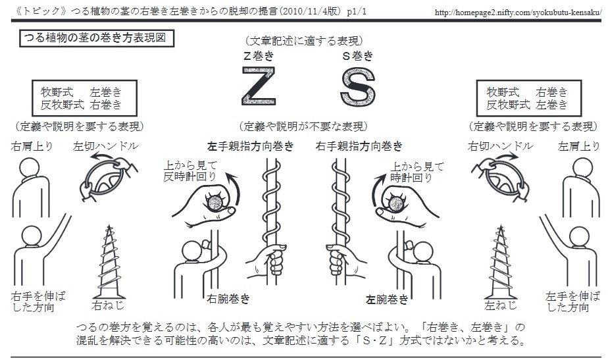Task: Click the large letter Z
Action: click(x=259, y=86)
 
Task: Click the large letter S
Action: click(x=358, y=87)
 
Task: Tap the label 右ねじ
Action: click(x=108, y=305)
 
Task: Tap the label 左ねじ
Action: click(x=501, y=305)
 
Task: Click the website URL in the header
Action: click(x=518, y=13)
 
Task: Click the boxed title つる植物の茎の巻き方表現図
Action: click(x=97, y=38)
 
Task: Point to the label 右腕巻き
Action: click(x=228, y=299)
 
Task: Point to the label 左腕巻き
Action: click(x=387, y=299)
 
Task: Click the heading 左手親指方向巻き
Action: click(x=251, y=146)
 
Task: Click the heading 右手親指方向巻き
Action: click(x=359, y=146)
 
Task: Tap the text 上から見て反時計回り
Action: click(x=190, y=171)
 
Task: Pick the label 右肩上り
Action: click(x=32, y=146)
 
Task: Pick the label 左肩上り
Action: click(x=579, y=146)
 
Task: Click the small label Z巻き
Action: click(x=259, y=56)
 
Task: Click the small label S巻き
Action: click(x=358, y=56)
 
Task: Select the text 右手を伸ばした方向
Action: click(x=38, y=302)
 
